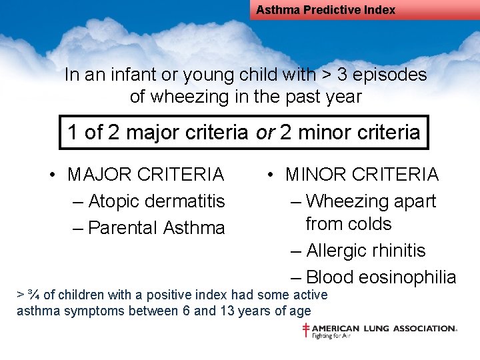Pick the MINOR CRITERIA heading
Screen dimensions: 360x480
(x=362, y=175)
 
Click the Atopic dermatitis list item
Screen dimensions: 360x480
(x=157, y=201)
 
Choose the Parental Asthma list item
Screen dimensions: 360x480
(x=157, y=228)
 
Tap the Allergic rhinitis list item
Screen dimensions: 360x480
(x=366, y=251)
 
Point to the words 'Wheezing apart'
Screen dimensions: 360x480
(x=371, y=201)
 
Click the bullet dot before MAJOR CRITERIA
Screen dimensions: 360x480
(x=51, y=175)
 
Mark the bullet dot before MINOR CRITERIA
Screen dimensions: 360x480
(x=269, y=175)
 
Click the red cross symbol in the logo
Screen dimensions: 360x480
(x=306, y=329)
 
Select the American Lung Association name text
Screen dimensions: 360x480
(x=384, y=328)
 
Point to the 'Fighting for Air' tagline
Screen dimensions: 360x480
(x=332, y=336)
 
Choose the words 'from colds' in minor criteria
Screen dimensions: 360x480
(x=348, y=224)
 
